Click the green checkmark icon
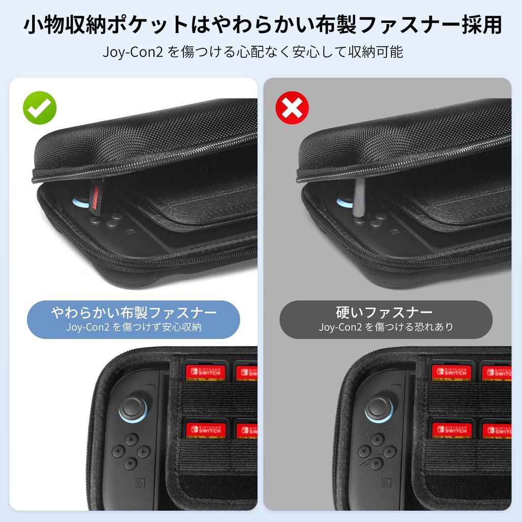click(40, 108)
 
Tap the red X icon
click(292, 108)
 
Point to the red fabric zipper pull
click(95, 198)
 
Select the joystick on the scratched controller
click(378, 407)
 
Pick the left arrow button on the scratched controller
click(363, 451)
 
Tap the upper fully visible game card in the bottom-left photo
click(205, 371)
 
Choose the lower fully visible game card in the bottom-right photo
click(452, 429)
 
